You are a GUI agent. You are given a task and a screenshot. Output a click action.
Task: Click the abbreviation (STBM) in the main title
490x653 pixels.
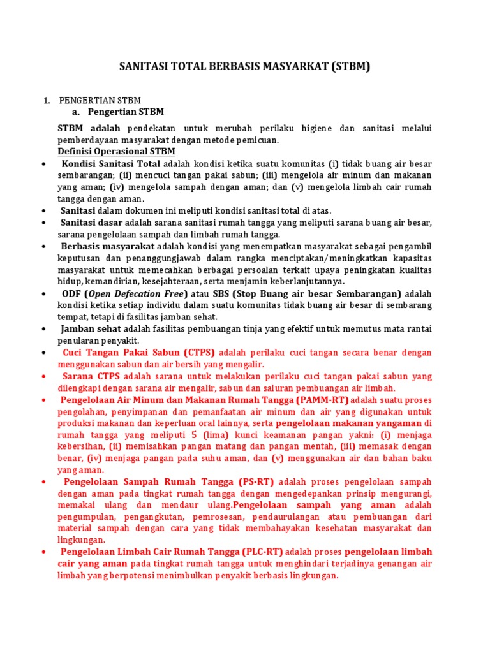click(350, 66)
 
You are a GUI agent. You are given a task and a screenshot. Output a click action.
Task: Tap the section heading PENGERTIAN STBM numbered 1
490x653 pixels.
click(100, 101)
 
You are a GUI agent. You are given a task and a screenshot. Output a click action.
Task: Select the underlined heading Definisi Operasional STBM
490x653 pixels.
click(116, 151)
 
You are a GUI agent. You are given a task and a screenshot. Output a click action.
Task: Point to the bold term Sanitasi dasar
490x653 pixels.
click(92, 223)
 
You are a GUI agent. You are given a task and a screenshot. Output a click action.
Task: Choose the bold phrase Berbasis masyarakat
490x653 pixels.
click(108, 246)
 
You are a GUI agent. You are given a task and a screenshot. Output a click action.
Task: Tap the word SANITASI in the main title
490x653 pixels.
click(144, 66)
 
